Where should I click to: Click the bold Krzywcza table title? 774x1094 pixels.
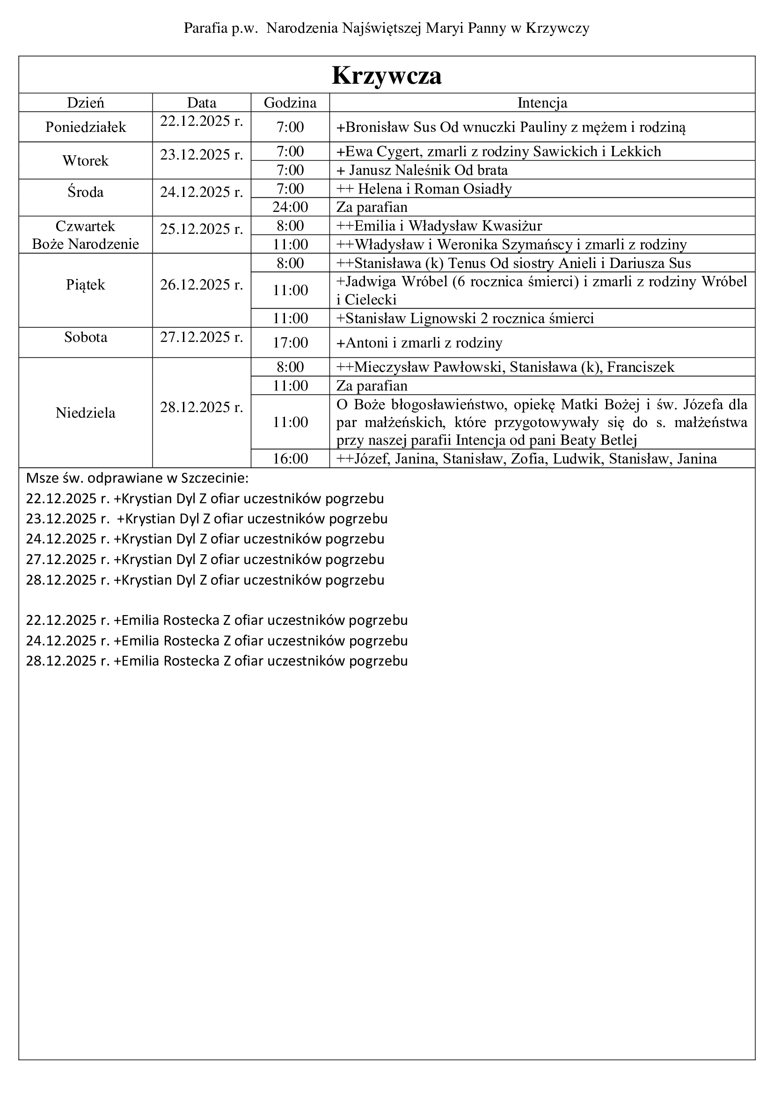pos(387,75)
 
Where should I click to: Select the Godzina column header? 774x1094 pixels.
pos(290,103)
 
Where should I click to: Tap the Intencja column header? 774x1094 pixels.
pos(542,103)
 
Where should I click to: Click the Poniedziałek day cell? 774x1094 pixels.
pos(86,127)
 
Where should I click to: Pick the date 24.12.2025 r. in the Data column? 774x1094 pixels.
pos(202,192)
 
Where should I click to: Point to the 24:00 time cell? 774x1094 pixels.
pos(290,207)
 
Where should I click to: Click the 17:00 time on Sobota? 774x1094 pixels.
pos(290,342)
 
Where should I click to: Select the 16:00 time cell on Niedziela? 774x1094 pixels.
pos(290,459)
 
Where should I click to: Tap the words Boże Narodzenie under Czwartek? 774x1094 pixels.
pos(86,244)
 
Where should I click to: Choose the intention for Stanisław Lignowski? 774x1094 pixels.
pos(469,319)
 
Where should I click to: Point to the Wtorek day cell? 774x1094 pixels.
pos(86,160)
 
